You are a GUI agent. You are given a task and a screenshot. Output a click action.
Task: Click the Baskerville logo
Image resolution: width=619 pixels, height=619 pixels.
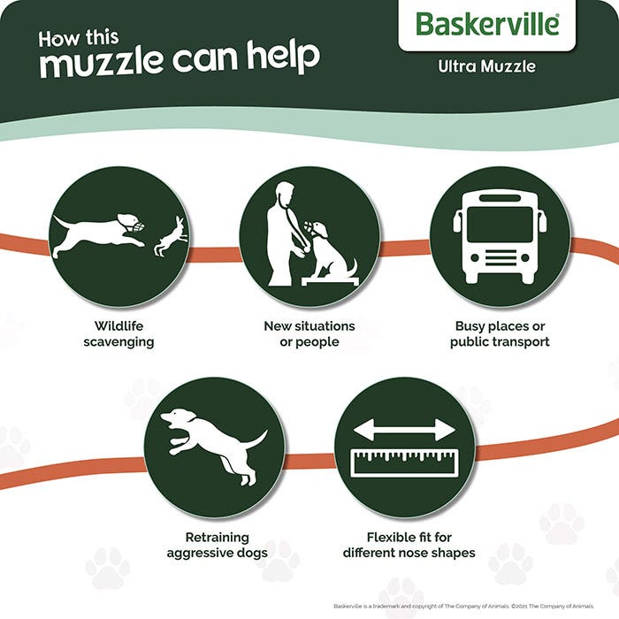(x=487, y=24)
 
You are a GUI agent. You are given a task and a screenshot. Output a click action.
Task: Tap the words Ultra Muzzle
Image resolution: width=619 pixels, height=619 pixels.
(x=487, y=65)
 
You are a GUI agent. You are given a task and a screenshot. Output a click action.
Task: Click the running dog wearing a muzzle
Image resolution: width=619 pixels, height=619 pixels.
(x=94, y=233)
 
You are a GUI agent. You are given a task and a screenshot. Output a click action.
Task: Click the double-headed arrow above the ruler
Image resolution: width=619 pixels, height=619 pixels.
(x=404, y=432)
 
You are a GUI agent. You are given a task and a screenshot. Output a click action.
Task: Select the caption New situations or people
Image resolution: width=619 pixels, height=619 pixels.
(x=309, y=334)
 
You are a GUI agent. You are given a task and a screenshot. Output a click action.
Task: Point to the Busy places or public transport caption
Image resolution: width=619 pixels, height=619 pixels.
(x=500, y=334)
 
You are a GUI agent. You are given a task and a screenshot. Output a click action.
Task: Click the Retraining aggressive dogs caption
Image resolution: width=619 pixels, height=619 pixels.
(x=217, y=545)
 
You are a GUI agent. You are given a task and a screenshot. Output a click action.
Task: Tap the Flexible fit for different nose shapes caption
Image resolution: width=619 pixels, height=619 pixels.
(x=409, y=545)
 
